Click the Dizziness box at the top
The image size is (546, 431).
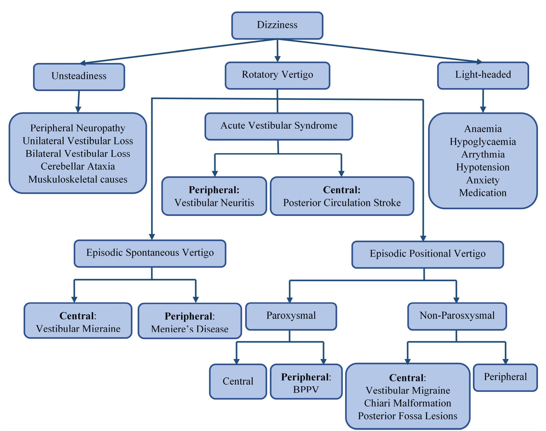pyautogui.click(x=277, y=25)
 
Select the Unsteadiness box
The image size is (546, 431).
pyautogui.click(x=79, y=76)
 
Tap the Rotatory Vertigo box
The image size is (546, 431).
pyautogui.click(x=277, y=75)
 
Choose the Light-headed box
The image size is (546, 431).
pyautogui.click(x=483, y=75)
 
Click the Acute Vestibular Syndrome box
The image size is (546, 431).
pyautogui.click(x=279, y=126)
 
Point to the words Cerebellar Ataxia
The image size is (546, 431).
pyautogui.click(x=78, y=166)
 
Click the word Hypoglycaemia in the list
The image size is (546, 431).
pyautogui.click(x=483, y=142)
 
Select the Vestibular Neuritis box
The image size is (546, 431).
pyautogui.click(x=214, y=196)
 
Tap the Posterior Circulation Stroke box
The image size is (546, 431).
pyautogui.click(x=342, y=196)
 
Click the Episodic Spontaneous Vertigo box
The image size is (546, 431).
pyautogui.click(x=150, y=253)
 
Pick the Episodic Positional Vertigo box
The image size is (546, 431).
pyautogui.click(x=428, y=254)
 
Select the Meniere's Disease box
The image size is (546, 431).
pyautogui.click(x=190, y=321)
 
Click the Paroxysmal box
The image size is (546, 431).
pyautogui.click(x=291, y=316)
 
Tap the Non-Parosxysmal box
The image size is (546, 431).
pyautogui.click(x=457, y=316)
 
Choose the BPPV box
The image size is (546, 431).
pyautogui.click(x=306, y=382)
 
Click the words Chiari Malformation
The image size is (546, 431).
pyautogui.click(x=408, y=403)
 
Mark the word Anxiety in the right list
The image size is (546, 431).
pyautogui.click(x=483, y=180)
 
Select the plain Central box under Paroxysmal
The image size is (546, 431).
pyautogui.click(x=238, y=381)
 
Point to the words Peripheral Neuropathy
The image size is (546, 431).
pyautogui.click(x=78, y=128)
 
